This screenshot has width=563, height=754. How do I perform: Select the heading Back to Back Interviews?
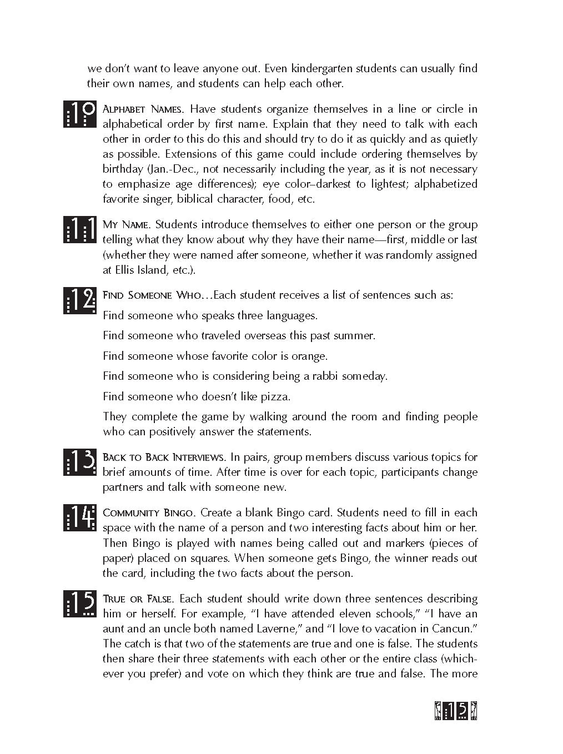(x=164, y=458)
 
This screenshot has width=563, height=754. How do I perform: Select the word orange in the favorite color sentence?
(x=310, y=356)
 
